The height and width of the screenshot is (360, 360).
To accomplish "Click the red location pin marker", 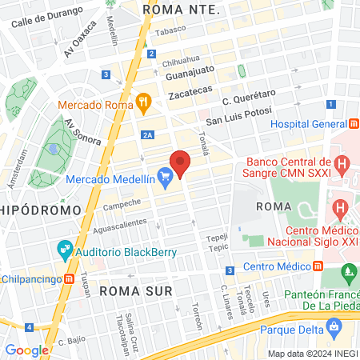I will pos(181,163).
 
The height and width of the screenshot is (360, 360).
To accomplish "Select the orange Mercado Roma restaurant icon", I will pos(144,102).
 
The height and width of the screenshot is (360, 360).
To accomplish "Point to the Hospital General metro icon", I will pos(353,124).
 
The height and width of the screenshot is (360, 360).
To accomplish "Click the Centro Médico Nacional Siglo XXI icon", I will pos(342,212).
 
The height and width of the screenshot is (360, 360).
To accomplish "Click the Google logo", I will pos(26,350).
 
